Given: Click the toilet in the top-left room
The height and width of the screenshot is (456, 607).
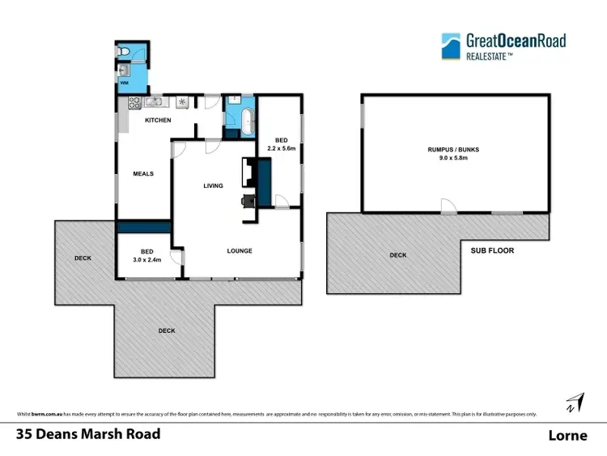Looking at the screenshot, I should [122, 51].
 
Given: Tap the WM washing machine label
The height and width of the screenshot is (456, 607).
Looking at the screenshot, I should [125, 83].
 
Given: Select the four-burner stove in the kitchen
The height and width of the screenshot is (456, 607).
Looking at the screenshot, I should [133, 103].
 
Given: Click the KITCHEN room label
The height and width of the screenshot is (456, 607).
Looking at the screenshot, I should [158, 121].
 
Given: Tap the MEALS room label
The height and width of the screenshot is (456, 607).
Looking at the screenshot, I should [143, 173].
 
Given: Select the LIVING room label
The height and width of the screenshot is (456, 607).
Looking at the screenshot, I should [213, 186].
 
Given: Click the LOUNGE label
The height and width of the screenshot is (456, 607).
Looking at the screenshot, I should [240, 251].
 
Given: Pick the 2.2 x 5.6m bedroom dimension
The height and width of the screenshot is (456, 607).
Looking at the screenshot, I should [282, 149].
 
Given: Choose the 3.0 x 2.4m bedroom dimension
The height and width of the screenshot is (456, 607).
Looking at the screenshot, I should [146, 260].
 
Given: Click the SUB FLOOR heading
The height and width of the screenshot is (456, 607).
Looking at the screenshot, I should [492, 251].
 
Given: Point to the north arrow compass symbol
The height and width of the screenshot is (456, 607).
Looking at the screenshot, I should [575, 401].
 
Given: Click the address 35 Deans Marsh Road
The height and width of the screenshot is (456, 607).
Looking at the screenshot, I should [88, 434].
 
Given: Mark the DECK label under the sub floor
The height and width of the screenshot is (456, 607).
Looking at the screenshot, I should [397, 255].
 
